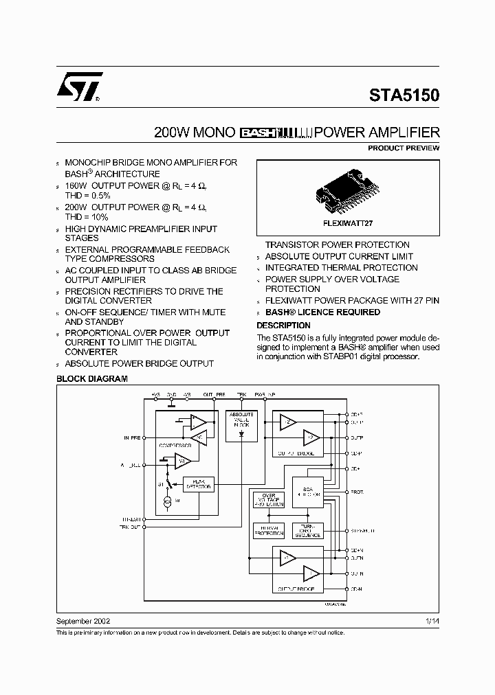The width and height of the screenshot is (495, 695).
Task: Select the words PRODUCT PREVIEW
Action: click(x=404, y=148)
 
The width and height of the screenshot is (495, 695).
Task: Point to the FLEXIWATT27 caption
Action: click(x=348, y=223)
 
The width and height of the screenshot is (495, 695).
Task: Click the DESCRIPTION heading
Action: click(x=283, y=325)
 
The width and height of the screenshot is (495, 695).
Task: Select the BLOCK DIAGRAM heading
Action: click(x=91, y=378)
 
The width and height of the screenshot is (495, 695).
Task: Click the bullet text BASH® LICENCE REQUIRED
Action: click(x=322, y=312)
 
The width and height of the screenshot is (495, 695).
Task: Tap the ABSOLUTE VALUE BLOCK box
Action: click(x=241, y=420)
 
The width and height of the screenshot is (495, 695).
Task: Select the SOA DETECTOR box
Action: click(x=307, y=491)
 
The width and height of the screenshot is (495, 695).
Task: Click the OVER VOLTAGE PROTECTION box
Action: click(x=268, y=500)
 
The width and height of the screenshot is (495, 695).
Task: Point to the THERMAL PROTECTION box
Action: click(x=268, y=530)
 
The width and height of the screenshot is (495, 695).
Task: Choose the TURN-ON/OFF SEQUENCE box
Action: click(x=307, y=530)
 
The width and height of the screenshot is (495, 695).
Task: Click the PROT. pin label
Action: click(x=357, y=492)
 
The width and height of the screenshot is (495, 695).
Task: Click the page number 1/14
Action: click(x=431, y=620)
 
